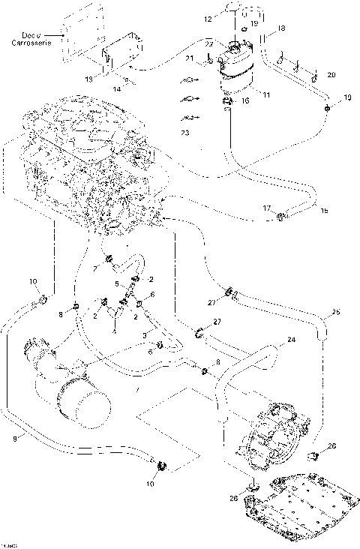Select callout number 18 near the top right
282,28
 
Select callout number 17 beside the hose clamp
267,207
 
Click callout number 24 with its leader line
292,340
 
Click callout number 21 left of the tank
190,58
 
